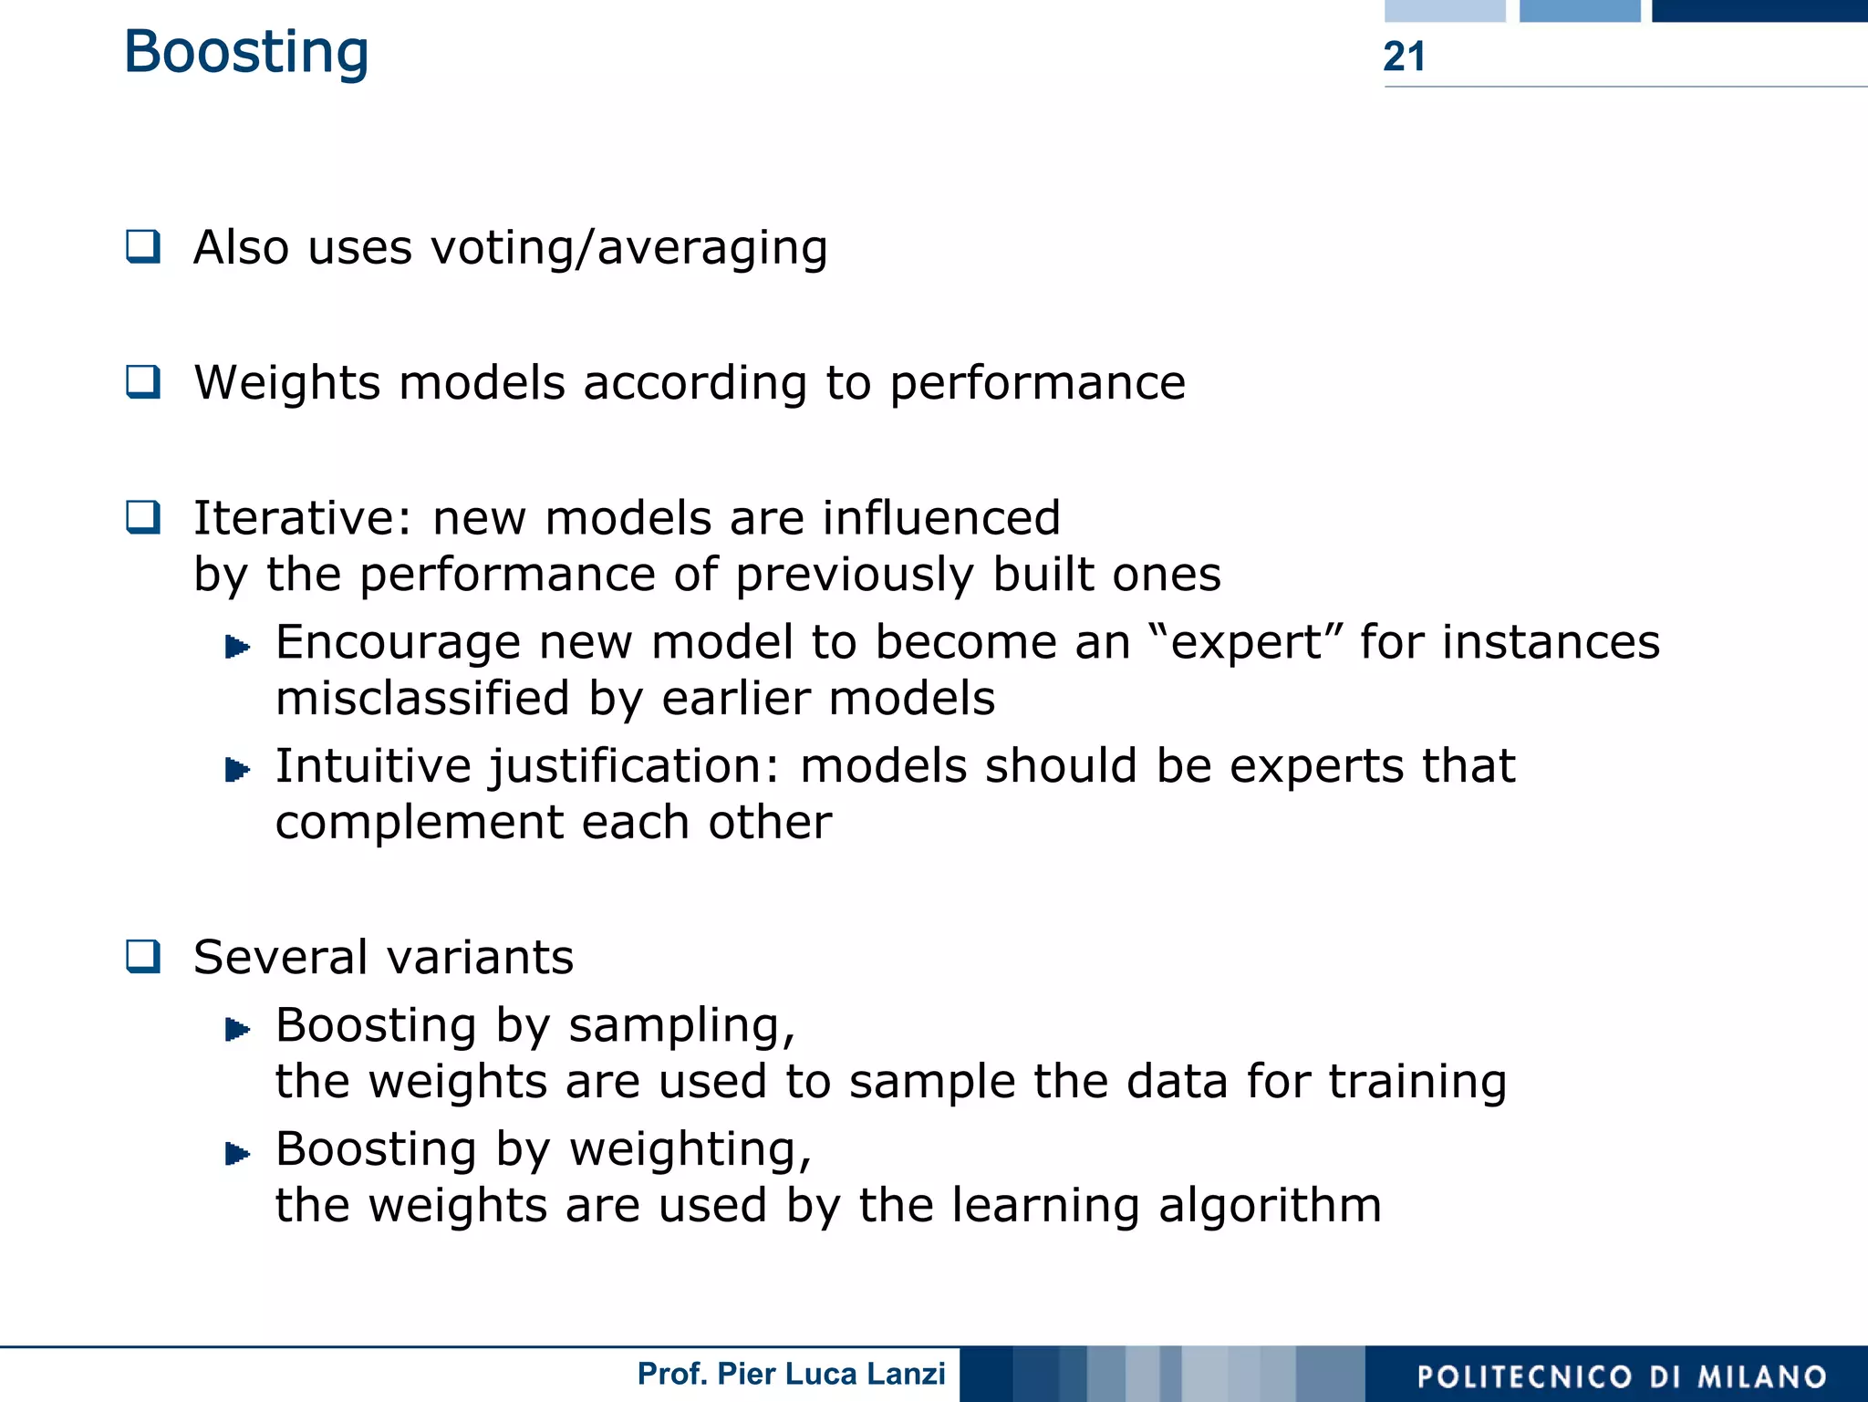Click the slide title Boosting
point(246,52)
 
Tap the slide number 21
point(1404,57)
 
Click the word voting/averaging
point(628,248)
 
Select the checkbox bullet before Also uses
point(143,246)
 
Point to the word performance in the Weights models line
point(1037,383)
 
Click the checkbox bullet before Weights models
point(143,381)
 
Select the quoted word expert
point(1246,642)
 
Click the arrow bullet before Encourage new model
point(237,648)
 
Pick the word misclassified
point(422,699)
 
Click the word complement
point(419,823)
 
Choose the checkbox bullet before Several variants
point(143,956)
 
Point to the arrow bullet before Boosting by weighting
point(237,1154)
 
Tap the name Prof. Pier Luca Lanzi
point(791,1374)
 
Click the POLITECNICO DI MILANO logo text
point(1622,1376)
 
